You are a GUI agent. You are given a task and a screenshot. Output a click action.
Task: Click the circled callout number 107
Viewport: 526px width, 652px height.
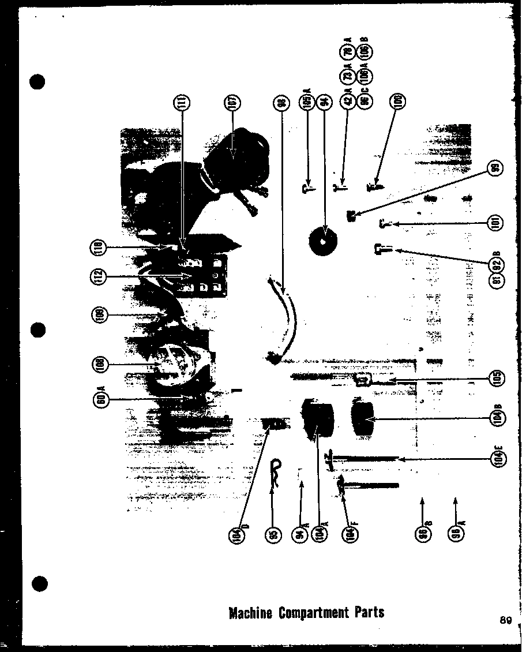tap(234, 103)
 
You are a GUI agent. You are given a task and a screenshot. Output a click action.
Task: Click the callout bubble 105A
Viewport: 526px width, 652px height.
tap(307, 103)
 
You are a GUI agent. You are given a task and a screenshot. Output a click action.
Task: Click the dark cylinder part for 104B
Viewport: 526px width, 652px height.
tap(362, 420)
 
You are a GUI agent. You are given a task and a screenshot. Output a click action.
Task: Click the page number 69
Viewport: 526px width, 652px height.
tap(506, 621)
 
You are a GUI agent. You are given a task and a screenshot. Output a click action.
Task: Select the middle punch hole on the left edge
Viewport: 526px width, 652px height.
tap(38, 330)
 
